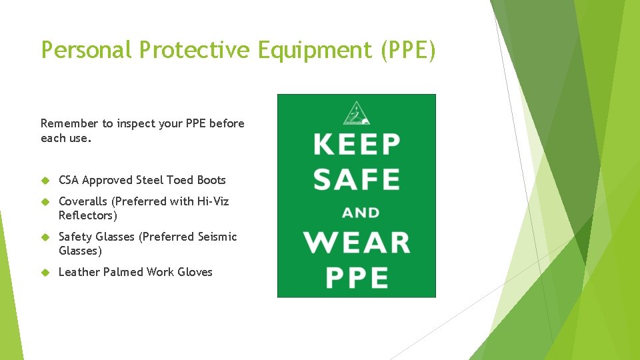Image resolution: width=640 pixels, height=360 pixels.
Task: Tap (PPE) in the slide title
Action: [x=407, y=49]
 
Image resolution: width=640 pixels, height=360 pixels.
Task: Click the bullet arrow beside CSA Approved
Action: [x=46, y=180]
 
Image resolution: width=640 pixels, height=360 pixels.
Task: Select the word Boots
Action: [x=211, y=180]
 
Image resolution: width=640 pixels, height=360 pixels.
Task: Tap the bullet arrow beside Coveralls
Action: [x=46, y=201]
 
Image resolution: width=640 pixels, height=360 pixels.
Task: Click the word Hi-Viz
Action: [x=213, y=201]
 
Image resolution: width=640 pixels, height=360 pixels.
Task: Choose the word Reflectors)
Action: [x=87, y=215]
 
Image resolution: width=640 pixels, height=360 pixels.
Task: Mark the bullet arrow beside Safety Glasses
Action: [x=46, y=237]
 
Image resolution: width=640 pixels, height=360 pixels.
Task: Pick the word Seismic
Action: [x=217, y=237]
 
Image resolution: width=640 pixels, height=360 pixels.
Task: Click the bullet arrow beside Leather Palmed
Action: [x=46, y=272]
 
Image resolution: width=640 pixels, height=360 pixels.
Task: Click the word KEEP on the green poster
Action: [x=357, y=144]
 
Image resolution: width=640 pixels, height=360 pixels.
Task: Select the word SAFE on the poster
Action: [x=357, y=179]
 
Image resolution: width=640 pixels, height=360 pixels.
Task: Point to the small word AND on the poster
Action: [x=361, y=213]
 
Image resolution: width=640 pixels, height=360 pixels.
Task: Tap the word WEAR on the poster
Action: [x=357, y=243]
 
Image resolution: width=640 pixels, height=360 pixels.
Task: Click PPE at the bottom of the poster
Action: [x=357, y=277]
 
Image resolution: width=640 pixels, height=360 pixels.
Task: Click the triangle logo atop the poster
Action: [x=357, y=113]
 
